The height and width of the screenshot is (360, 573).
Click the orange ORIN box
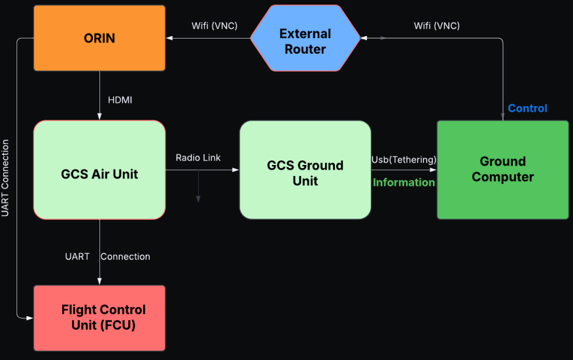pyautogui.click(x=99, y=38)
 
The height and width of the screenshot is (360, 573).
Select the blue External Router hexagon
pyautogui.click(x=305, y=38)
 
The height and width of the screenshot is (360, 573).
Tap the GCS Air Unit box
pyautogui.click(x=99, y=170)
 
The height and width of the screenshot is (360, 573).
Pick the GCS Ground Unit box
pyautogui.click(x=305, y=170)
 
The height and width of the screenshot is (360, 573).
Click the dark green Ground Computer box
pyautogui.click(x=503, y=170)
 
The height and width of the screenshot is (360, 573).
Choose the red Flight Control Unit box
pyautogui.click(x=99, y=318)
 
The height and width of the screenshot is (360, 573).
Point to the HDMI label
pyautogui.click(x=120, y=100)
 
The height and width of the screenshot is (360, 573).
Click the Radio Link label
pyautogui.click(x=198, y=158)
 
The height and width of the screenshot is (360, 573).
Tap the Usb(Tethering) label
pyautogui.click(x=404, y=160)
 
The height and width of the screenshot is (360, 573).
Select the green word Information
pyautogui.click(x=404, y=182)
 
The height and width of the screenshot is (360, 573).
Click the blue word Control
pyautogui.click(x=527, y=108)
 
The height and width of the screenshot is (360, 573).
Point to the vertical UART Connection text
pyautogui.click(x=5, y=178)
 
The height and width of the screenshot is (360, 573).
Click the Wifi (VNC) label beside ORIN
pyautogui.click(x=215, y=26)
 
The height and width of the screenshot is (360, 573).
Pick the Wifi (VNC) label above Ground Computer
pyautogui.click(x=437, y=26)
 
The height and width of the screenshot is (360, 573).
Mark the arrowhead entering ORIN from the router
pyautogui.click(x=169, y=38)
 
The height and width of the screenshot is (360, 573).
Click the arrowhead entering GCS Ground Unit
pyautogui.click(x=235, y=170)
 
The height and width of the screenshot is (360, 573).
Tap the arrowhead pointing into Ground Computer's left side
pyautogui.click(x=433, y=170)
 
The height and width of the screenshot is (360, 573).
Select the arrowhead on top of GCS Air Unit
pyautogui.click(x=99, y=117)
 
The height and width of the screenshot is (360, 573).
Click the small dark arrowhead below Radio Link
pyautogui.click(x=198, y=199)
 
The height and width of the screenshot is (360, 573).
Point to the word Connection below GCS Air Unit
pyautogui.click(x=126, y=257)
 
